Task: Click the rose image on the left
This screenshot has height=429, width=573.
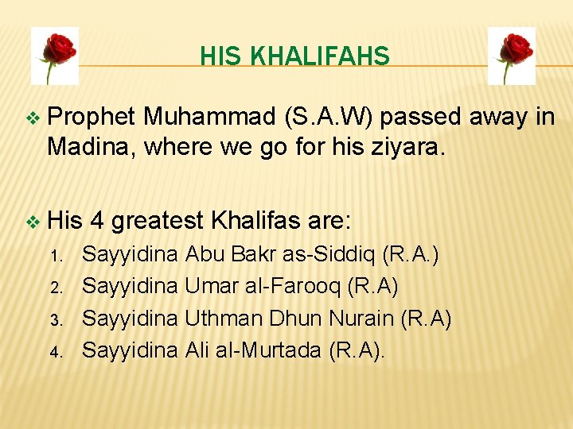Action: point(55,55)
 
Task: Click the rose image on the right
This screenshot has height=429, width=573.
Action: point(511,55)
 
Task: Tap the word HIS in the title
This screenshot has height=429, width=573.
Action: point(220,56)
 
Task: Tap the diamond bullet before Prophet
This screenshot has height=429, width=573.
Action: point(32,118)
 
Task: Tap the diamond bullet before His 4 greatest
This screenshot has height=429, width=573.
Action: point(32,220)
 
